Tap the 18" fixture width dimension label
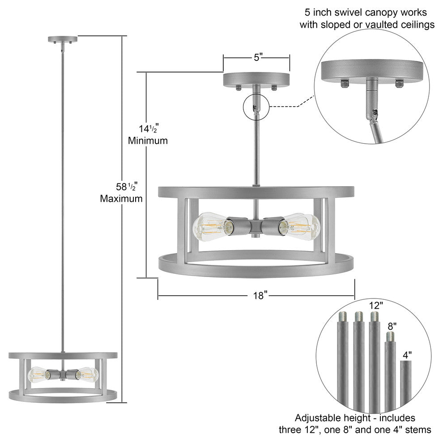[x=259, y=295]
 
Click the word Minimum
[x=148, y=141]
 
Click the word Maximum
[x=121, y=198]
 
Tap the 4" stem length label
[x=406, y=355]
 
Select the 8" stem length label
[x=392, y=327]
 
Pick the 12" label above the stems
[x=376, y=306]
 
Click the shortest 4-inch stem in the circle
[x=405, y=385]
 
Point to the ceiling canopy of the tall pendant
[x=62, y=39]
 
